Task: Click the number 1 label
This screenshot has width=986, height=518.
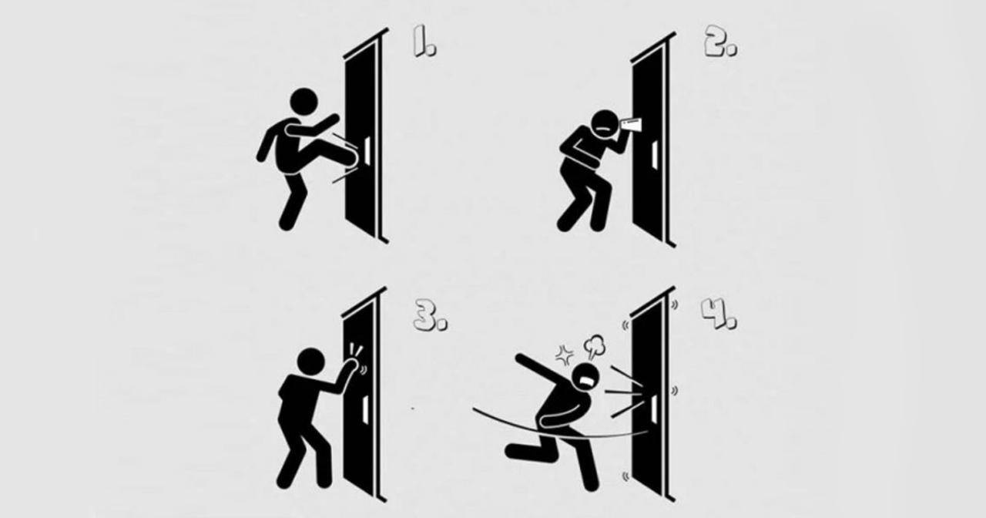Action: point(424,42)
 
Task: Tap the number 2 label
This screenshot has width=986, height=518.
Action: point(720,42)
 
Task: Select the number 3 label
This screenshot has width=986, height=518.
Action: point(430,315)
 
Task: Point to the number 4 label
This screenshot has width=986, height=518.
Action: point(719,314)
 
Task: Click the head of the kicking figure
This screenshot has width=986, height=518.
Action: point(304,102)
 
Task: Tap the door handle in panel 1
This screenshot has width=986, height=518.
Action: point(367,150)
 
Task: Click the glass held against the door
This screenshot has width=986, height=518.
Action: point(631,125)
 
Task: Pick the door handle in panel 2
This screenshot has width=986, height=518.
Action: point(655,155)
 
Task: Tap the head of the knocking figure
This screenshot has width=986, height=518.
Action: point(310,362)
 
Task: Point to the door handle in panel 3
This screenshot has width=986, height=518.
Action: point(365,409)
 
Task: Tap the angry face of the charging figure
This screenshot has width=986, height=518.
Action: point(586,378)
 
